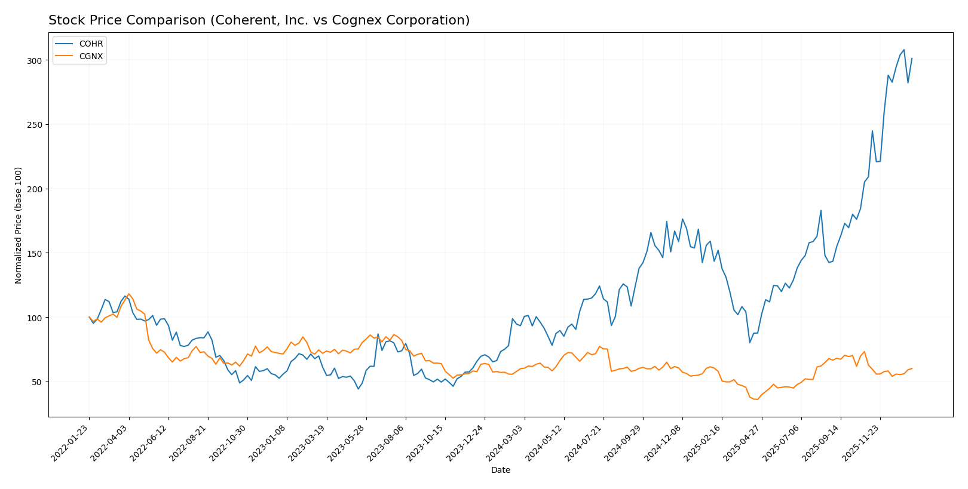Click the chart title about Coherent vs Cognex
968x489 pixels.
tap(259, 20)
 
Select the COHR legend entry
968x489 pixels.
tap(91, 44)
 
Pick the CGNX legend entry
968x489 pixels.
tap(91, 57)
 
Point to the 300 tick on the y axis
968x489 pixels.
tap(34, 61)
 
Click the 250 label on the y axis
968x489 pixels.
tap(34, 125)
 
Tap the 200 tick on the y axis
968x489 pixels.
tap(34, 189)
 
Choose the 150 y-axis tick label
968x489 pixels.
tap(34, 253)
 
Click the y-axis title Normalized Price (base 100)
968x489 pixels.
tap(19, 225)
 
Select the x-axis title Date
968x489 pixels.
tap(500, 470)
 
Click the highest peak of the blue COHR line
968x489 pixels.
tap(903, 50)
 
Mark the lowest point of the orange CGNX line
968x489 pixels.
tap(757, 399)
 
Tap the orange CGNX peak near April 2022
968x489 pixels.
tap(128, 294)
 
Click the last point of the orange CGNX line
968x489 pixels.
tap(912, 368)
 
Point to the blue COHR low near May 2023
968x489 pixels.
tap(359, 389)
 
